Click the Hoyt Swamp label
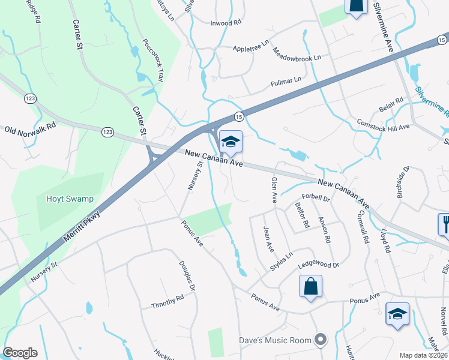click(x=64, y=199)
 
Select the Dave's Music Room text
click(x=276, y=340)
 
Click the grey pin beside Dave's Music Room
click(x=321, y=340)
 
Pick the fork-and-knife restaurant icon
click(x=445, y=224)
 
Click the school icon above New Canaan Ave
click(x=231, y=142)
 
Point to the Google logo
click(x=20, y=353)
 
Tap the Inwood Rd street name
click(x=225, y=22)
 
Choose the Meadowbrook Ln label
click(x=297, y=54)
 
